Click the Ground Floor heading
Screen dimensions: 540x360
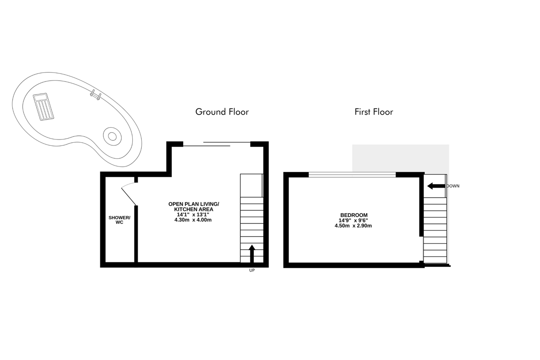[x=222, y=112]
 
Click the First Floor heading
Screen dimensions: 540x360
[x=373, y=112]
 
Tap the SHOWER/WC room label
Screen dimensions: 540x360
[x=119, y=220]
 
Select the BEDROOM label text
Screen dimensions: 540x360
[x=354, y=215]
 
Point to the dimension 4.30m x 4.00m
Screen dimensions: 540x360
[x=193, y=220]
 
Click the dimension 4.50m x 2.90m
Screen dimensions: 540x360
[x=353, y=226]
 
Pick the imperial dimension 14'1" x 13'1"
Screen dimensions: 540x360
[x=193, y=215]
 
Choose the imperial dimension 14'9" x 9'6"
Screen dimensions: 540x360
[x=353, y=220]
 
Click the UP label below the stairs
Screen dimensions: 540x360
[x=252, y=270]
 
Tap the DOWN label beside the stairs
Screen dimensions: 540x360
[x=453, y=186]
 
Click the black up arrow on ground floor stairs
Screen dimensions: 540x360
[x=252, y=254]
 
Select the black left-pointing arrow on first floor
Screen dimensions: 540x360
[x=436, y=186]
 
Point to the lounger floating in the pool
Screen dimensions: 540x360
[x=43, y=107]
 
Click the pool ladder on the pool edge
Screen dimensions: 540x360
[x=95, y=95]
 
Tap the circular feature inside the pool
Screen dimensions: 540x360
[x=112, y=136]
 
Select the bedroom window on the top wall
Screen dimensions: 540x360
[x=352, y=175]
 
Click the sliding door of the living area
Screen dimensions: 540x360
[x=216, y=144]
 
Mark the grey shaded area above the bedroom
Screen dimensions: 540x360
[x=400, y=158]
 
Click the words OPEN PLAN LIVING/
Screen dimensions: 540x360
[x=193, y=204]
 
